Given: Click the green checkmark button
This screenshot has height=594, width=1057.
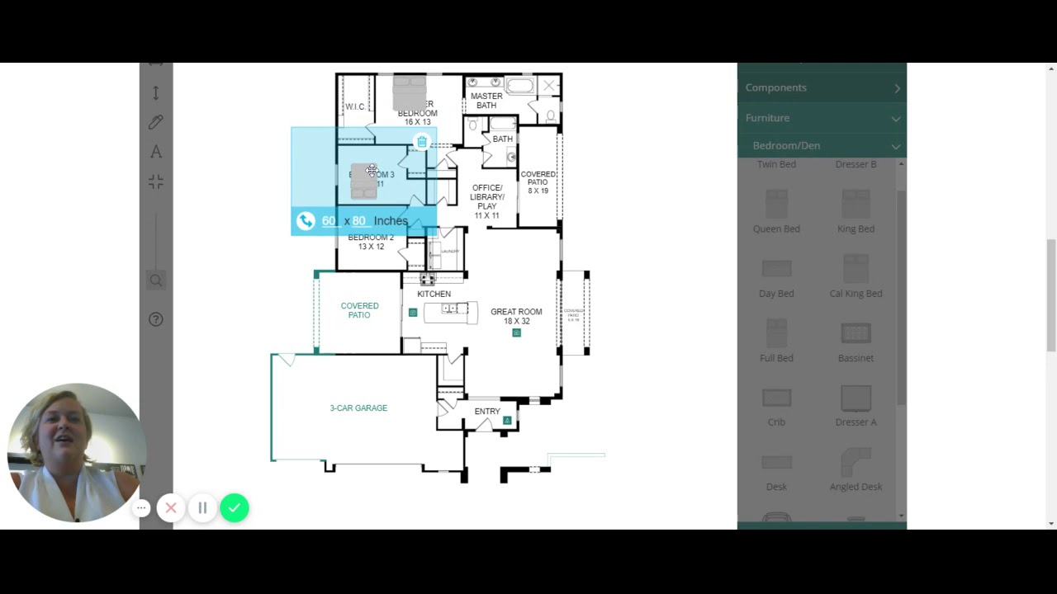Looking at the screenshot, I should click(x=235, y=508).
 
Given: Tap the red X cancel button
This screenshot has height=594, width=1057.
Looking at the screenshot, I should click(x=171, y=508).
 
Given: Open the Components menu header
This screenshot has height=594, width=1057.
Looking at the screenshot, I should click(x=822, y=87).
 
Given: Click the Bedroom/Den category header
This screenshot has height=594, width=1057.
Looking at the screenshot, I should click(x=822, y=146).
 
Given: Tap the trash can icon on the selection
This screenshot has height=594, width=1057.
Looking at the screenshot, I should click(x=422, y=142).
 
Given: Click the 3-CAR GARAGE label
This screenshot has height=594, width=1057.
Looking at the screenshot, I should click(x=358, y=408).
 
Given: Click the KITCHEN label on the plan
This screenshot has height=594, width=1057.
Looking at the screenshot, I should click(x=434, y=295).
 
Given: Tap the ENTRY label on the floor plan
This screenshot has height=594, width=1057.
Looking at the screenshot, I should click(x=487, y=412).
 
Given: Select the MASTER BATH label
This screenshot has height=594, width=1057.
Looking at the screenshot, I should click(x=486, y=101).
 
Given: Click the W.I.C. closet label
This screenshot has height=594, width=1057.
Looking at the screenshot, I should click(x=355, y=107).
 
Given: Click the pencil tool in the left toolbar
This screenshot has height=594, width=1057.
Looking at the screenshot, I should click(x=156, y=122).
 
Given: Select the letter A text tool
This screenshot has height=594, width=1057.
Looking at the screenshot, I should click(x=156, y=152).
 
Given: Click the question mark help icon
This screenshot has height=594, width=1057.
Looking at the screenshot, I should click(x=156, y=319).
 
